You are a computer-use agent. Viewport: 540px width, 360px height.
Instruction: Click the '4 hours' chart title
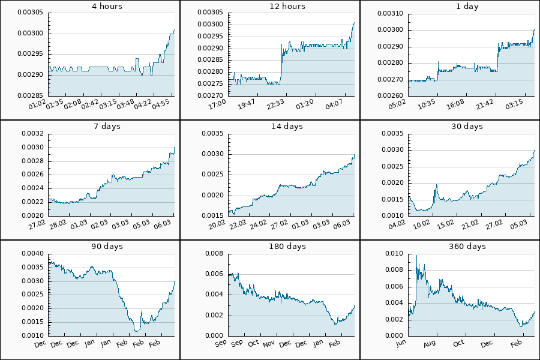107,7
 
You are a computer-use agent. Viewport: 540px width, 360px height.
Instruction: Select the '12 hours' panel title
287,7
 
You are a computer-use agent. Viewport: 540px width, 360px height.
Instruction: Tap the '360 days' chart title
467,247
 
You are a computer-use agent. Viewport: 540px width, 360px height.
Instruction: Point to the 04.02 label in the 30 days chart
397,226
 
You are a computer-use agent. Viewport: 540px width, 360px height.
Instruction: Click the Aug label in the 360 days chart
429,345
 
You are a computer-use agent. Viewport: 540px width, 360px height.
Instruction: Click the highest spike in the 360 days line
416,256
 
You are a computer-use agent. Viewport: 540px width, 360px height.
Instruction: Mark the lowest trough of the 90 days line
137,331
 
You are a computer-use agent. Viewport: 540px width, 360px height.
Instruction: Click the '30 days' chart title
467,127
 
